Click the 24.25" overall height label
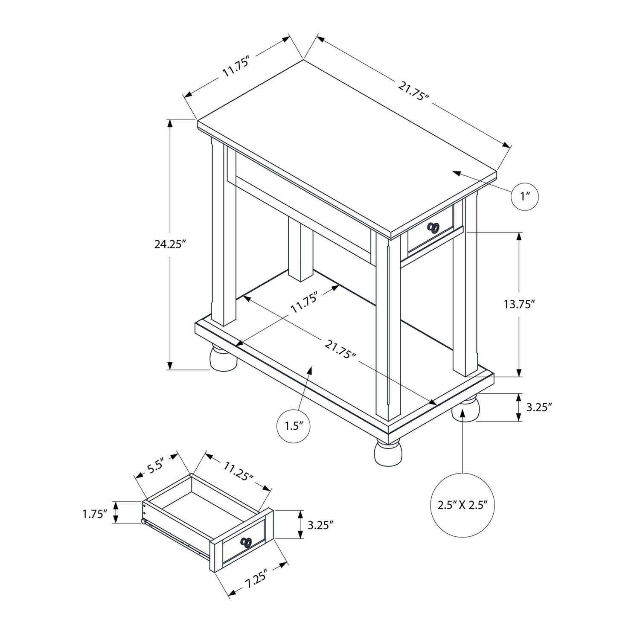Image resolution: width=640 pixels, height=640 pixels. pyautogui.click(x=170, y=244)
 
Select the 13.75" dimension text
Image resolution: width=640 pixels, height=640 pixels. pyautogui.click(x=519, y=304)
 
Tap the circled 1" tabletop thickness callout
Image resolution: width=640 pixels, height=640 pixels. pyautogui.click(x=525, y=196)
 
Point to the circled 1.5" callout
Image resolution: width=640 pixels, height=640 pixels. pyautogui.click(x=294, y=426)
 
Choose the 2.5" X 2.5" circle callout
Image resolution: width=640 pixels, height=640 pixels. pyautogui.click(x=463, y=506)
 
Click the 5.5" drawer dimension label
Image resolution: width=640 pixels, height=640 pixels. pyautogui.click(x=156, y=466)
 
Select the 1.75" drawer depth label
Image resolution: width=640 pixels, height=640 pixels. pyautogui.click(x=95, y=514)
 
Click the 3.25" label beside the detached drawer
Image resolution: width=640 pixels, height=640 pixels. pyautogui.click(x=320, y=524)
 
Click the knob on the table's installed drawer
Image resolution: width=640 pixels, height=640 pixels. pyautogui.click(x=434, y=227)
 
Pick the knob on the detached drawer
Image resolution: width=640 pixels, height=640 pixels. pyautogui.click(x=246, y=542)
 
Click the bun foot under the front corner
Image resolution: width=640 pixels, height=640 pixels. pyautogui.click(x=388, y=453)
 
